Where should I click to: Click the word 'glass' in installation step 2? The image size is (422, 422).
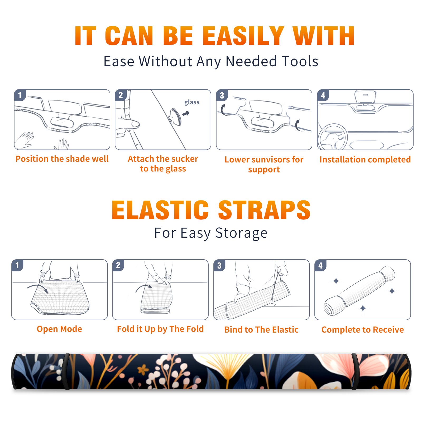pyautogui.click(x=192, y=102)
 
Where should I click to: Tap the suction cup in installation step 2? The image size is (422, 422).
pyautogui.click(x=175, y=117)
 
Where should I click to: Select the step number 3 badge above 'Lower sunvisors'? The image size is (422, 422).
pyautogui.click(x=222, y=95)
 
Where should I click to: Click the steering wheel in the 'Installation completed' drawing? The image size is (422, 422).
pyautogui.click(x=333, y=137)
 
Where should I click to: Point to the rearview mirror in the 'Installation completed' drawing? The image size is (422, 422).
pyautogui.click(x=365, y=97)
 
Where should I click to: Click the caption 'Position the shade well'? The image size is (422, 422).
pyautogui.click(x=62, y=159)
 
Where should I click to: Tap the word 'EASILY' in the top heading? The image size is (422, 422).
pyautogui.click(x=243, y=36)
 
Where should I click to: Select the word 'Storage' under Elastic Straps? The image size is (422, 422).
pyautogui.click(x=241, y=233)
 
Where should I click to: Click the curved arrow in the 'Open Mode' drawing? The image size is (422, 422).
pyautogui.click(x=38, y=288)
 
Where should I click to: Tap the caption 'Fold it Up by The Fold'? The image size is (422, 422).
pyautogui.click(x=160, y=329)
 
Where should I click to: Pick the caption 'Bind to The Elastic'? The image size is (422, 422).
pyautogui.click(x=261, y=330)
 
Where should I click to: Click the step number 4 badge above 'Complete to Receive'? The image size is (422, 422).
pyautogui.click(x=320, y=265)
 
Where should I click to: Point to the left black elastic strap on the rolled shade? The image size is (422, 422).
pyautogui.click(x=66, y=372)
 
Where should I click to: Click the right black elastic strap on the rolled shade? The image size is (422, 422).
pyautogui.click(x=355, y=372)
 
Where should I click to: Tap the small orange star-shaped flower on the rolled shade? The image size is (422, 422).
pyautogui.click(x=143, y=369)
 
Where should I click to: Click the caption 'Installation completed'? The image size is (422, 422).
pyautogui.click(x=365, y=160)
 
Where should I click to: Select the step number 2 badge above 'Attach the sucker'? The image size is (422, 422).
pyautogui.click(x=121, y=95)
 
